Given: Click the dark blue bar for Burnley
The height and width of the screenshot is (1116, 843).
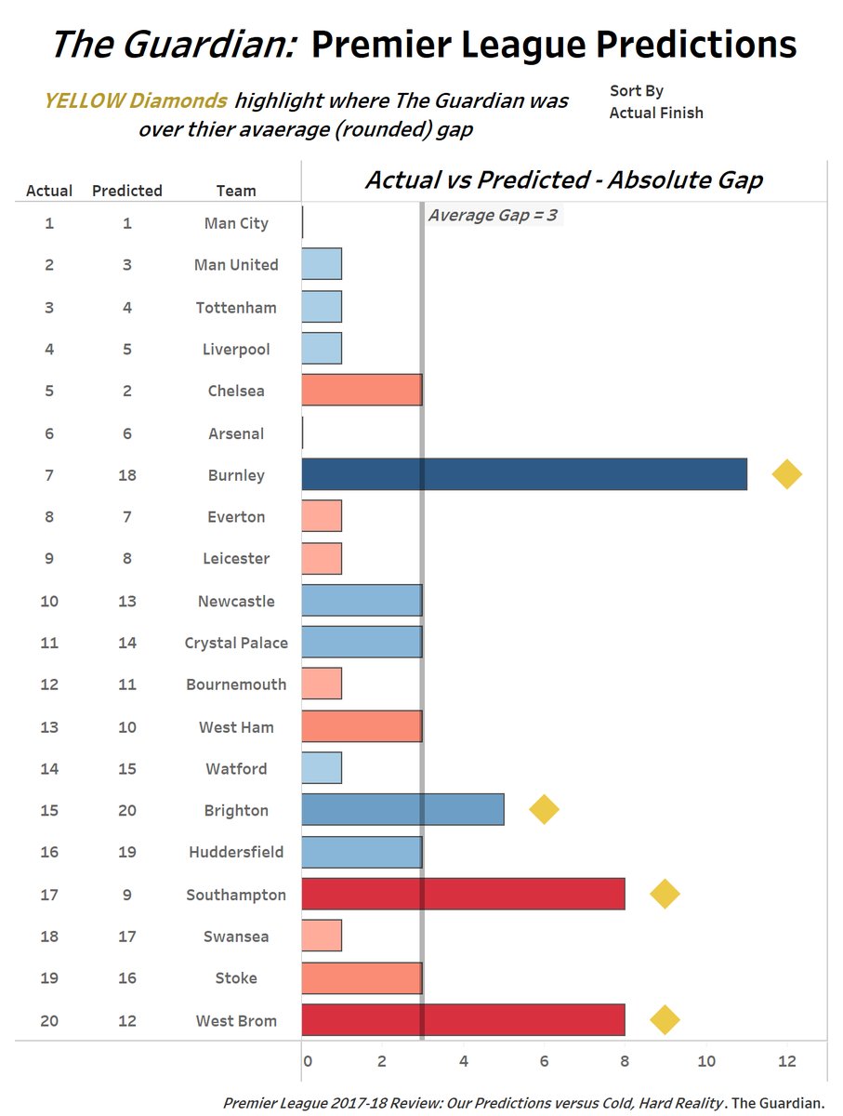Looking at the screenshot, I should click(524, 475).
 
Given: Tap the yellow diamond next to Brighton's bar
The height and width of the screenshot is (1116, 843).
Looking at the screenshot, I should click(544, 810).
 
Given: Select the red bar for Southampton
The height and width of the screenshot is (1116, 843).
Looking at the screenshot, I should click(463, 894).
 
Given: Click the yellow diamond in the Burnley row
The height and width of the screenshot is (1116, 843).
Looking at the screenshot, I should click(786, 474).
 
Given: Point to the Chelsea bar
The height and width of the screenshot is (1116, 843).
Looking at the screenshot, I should click(362, 391).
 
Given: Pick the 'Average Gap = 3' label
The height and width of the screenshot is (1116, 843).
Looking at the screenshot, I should click(493, 216).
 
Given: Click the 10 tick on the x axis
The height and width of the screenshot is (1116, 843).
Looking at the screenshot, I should click(706, 1061).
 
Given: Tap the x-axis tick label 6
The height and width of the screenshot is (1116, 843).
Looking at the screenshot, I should click(544, 1061).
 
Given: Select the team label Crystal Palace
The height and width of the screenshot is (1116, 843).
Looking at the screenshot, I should click(236, 643).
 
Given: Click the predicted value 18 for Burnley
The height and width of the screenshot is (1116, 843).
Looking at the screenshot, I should click(127, 475).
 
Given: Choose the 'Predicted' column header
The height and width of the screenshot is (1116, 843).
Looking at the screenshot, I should click(127, 191).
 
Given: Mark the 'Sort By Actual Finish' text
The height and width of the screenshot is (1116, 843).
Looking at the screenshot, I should click(656, 102).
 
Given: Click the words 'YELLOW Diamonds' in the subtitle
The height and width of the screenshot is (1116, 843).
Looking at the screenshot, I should click(135, 101).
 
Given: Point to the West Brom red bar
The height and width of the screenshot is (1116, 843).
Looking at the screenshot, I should click(463, 1020).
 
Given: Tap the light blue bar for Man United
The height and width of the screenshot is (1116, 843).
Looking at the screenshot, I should click(322, 265).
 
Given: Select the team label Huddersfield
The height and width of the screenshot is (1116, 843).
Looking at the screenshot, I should click(236, 852).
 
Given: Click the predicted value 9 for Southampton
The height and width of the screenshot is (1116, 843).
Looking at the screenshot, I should click(127, 895).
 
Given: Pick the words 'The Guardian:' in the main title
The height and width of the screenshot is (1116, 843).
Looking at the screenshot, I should click(173, 45).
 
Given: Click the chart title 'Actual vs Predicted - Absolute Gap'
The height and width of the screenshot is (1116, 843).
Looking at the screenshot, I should click(563, 179).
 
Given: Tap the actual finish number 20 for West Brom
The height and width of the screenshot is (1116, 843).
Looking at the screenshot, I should click(49, 1021).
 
